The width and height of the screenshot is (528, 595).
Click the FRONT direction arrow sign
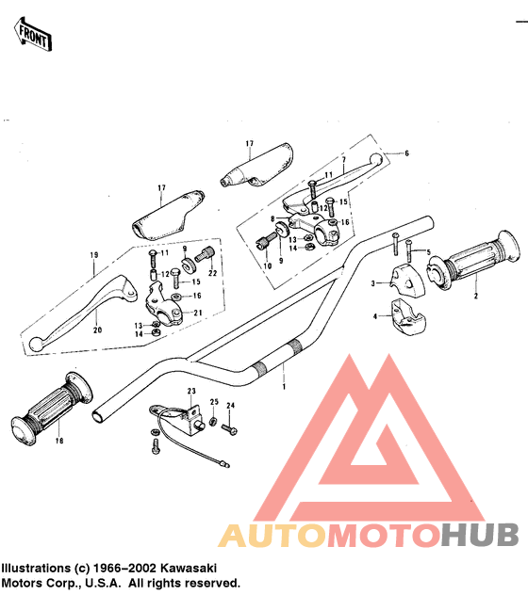click(33, 34)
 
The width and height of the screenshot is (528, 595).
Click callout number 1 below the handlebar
click(284, 387)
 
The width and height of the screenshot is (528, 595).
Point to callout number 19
click(94, 255)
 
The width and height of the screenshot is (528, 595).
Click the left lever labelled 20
click(82, 309)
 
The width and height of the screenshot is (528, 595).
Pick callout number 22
click(212, 273)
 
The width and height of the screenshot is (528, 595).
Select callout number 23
click(191, 391)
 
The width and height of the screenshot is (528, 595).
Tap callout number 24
click(231, 405)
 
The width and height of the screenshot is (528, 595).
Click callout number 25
click(214, 401)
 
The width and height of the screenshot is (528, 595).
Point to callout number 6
click(406, 153)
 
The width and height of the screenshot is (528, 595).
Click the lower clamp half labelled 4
click(407, 317)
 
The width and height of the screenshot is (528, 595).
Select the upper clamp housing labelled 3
click(407, 280)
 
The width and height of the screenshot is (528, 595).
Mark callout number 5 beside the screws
click(429, 252)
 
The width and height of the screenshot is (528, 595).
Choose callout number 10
click(267, 266)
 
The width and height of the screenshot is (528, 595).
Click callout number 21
click(198, 314)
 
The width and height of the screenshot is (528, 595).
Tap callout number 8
click(272, 219)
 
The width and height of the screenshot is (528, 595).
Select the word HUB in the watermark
click(481, 535)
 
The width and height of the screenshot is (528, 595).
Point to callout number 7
click(343, 160)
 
